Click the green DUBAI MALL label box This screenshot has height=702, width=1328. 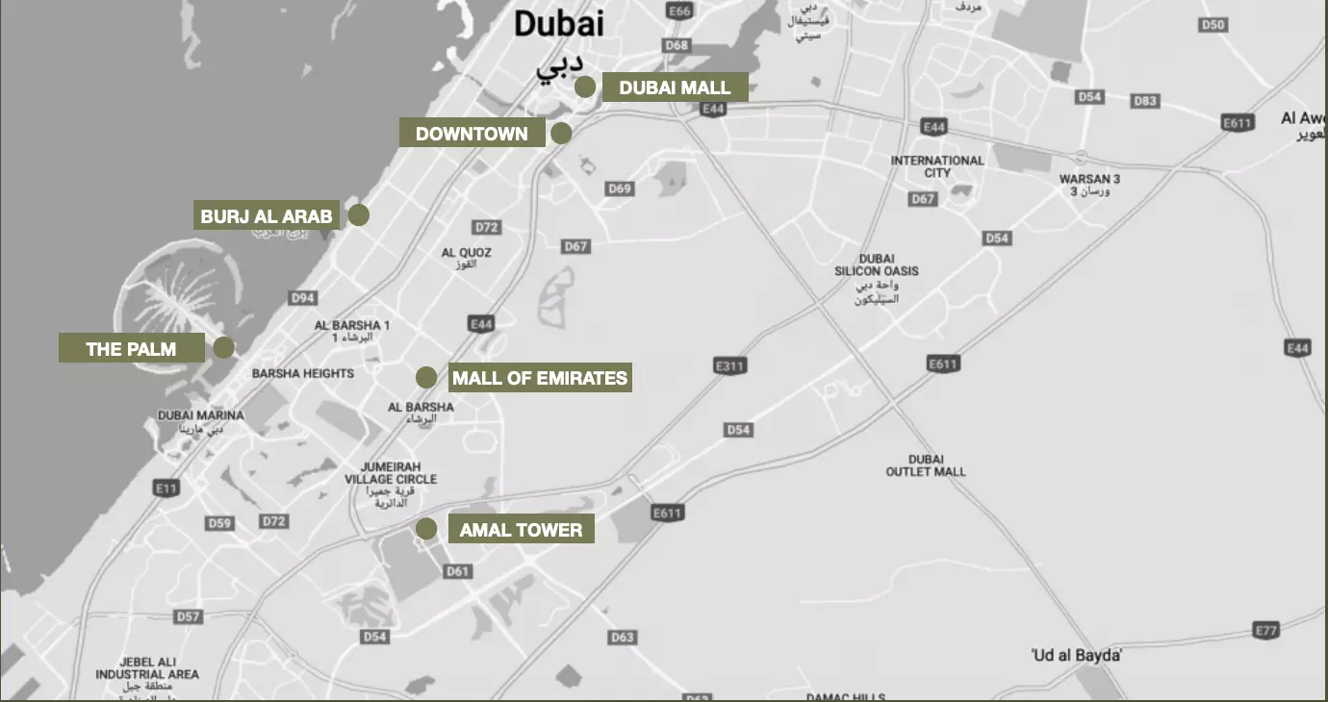click(675, 88)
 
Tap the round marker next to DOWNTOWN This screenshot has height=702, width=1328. click(561, 134)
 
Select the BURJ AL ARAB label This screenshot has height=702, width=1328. click(267, 216)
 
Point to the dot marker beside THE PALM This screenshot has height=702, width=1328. click(223, 348)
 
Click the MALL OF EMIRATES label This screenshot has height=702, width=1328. click(540, 378)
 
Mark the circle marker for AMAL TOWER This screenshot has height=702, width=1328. click(425, 528)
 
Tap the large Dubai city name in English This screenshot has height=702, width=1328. click(558, 24)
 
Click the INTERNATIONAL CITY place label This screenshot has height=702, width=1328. click(937, 166)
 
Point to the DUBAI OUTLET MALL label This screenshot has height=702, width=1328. click(926, 465)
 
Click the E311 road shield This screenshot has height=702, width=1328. click(730, 366)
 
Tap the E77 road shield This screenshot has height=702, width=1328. click(1266, 631)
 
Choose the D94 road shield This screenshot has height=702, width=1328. click(303, 298)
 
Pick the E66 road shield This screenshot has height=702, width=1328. click(679, 11)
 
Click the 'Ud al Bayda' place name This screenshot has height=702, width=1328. click(1076, 655)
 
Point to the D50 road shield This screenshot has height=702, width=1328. click(1213, 25)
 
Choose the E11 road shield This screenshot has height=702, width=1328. click(166, 489)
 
